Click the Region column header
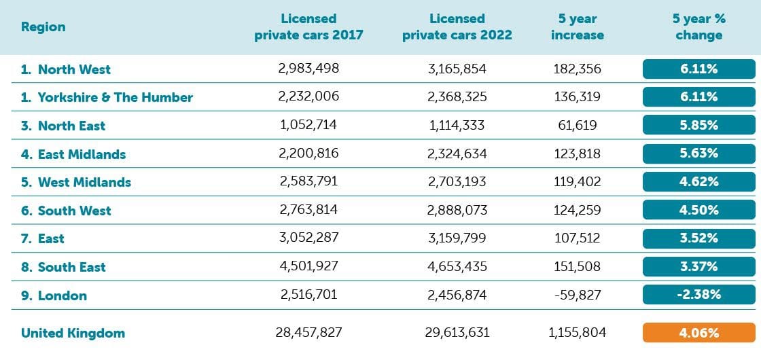(43, 27)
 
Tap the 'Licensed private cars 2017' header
(308, 27)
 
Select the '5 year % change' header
(698, 27)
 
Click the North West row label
(66, 69)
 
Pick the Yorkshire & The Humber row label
(107, 97)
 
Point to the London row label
(54, 295)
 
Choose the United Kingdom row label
(73, 333)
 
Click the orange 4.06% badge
(698, 333)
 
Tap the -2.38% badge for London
(698, 295)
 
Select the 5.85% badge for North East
(698, 126)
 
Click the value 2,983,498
(308, 69)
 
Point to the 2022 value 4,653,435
(457, 267)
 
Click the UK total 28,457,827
(308, 333)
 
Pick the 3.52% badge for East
(698, 238)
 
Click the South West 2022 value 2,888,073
(457, 211)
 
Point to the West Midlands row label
(76, 182)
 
